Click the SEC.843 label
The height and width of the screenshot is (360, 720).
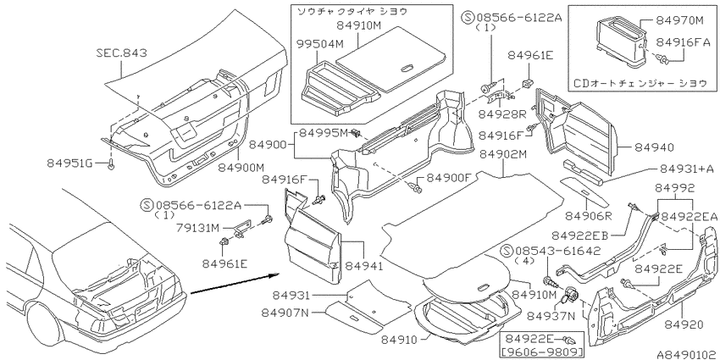pyautogui.click(x=122, y=53)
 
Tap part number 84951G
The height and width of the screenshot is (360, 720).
pyautogui.click(x=69, y=163)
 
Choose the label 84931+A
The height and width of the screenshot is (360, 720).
pyautogui.click(x=687, y=169)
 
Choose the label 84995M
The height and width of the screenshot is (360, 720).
pyautogui.click(x=324, y=133)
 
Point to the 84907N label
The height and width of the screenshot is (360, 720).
pyautogui.click(x=285, y=313)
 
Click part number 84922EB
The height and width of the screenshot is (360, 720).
pyautogui.click(x=580, y=236)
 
